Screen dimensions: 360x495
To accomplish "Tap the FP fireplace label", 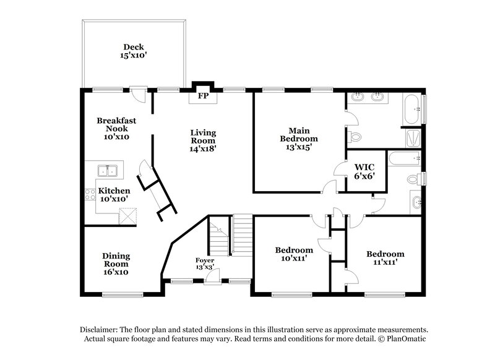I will click(202, 96).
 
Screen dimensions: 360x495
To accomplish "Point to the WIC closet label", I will click(364, 171).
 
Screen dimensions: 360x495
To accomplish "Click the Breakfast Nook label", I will click(116, 129).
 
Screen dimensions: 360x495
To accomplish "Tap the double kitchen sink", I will click(109, 170).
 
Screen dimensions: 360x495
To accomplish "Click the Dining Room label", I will click(116, 263).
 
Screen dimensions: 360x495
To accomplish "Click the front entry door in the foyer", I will click(213, 279).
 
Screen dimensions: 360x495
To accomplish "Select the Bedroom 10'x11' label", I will click(294, 254).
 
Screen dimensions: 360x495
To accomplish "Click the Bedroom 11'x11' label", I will click(385, 258).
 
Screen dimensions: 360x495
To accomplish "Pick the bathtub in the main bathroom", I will click(412, 109).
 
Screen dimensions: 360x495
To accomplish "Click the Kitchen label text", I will click(114, 195).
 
